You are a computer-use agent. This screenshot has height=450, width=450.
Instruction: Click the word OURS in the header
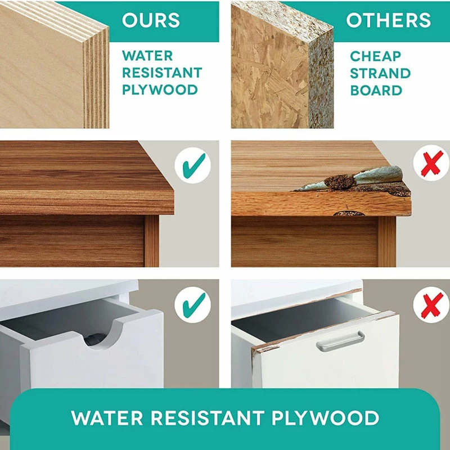tap(151, 20)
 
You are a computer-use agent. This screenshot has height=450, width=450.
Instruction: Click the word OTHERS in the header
tap(388, 20)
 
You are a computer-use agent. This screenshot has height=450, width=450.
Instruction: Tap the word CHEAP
tap(375, 56)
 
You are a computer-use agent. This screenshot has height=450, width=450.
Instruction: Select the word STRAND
tap(380, 73)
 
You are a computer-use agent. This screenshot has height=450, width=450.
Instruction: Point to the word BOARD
tap(376, 91)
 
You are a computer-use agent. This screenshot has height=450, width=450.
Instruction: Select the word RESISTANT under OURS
tap(162, 73)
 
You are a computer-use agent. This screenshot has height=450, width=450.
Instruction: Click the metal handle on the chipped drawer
tap(340, 341)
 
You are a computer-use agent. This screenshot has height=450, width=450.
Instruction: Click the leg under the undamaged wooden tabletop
tap(152, 241)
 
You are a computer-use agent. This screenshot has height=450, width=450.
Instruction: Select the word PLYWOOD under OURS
tap(160, 90)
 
